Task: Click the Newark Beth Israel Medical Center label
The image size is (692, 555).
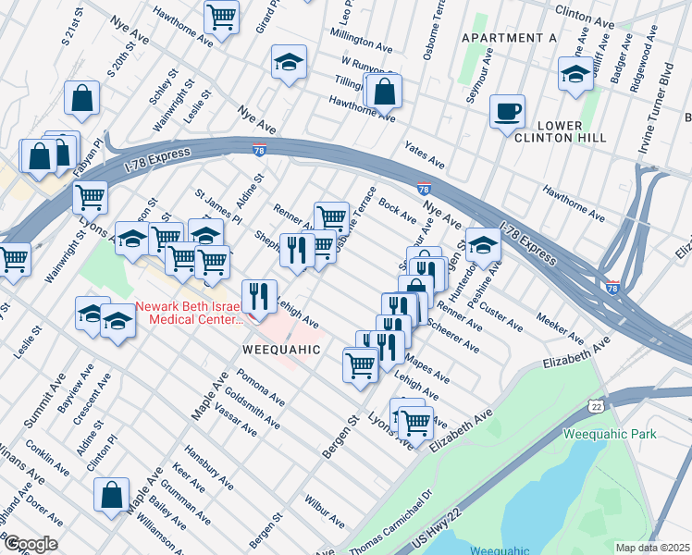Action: click(191, 313)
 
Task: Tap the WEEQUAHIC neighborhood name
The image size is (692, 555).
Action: click(281, 351)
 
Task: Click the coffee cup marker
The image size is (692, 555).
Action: click(507, 113)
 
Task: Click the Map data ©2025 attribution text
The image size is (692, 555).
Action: click(651, 548)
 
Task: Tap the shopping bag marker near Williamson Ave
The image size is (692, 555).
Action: click(112, 495)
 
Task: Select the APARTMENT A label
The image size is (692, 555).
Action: click(509, 38)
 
